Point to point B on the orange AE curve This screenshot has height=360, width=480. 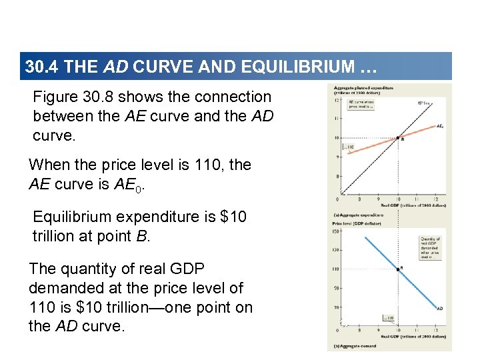[x=399, y=138]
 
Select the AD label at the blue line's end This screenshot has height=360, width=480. [x=440, y=308]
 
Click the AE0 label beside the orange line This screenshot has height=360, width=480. [x=440, y=125]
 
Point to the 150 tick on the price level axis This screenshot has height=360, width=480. [x=337, y=231]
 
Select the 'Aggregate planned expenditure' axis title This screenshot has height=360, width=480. [x=364, y=87]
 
